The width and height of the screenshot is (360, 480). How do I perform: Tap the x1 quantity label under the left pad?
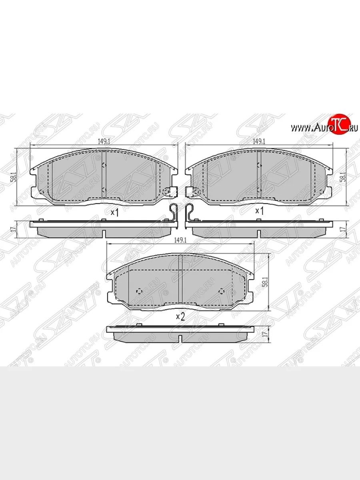(115, 212)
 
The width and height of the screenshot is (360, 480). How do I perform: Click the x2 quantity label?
(180, 316)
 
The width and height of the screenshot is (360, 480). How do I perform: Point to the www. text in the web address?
(301, 128)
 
